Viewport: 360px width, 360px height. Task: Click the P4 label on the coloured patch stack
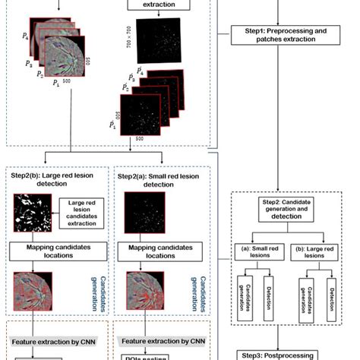[x=27, y=36]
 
